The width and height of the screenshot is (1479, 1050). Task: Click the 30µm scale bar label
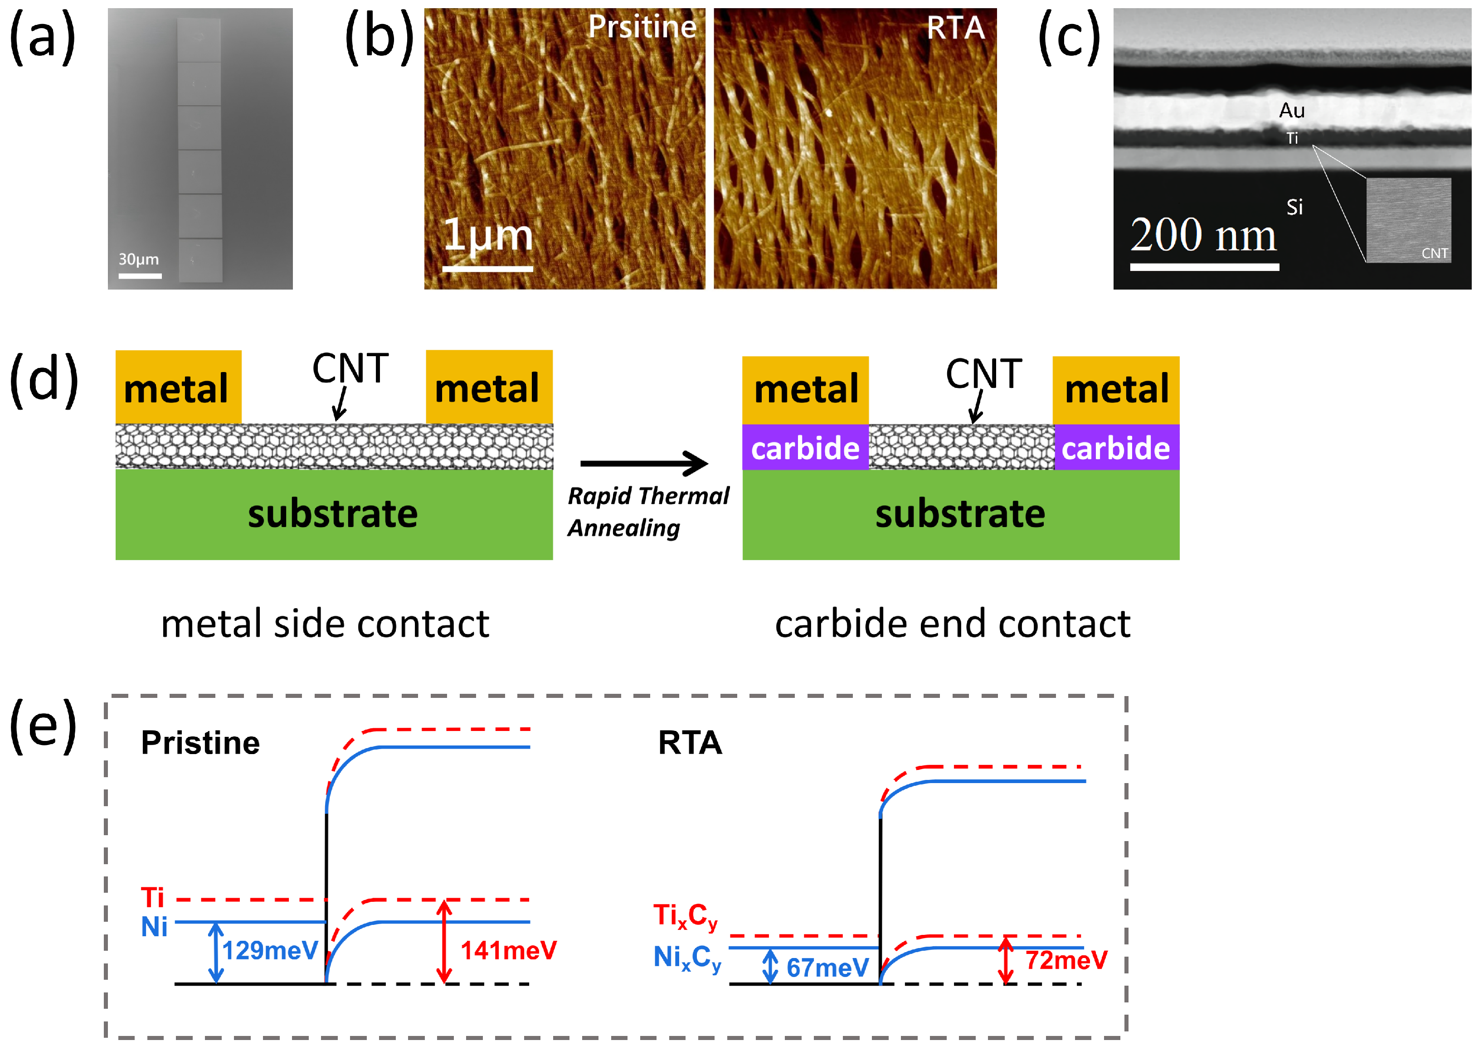pyautogui.click(x=138, y=259)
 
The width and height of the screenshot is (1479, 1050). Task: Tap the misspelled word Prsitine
pyautogui.click(x=642, y=27)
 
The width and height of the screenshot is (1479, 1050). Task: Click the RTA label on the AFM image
pyautogui.click(x=955, y=28)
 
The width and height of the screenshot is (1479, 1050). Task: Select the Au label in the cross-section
pyautogui.click(x=1291, y=111)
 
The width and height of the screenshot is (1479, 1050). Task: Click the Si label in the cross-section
pyautogui.click(x=1294, y=208)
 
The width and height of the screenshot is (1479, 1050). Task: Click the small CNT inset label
pyautogui.click(x=1435, y=253)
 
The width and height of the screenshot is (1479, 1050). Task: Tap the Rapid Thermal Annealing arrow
pyautogui.click(x=644, y=463)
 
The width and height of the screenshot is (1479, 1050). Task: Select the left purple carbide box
pyautogui.click(x=805, y=447)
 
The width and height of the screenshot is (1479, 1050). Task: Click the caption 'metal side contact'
pyautogui.click(x=325, y=624)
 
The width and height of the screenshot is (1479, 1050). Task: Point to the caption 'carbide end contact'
pyautogui.click(x=953, y=624)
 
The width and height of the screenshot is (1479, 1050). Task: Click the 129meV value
pyautogui.click(x=270, y=950)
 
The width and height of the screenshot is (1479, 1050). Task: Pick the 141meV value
pyautogui.click(x=508, y=950)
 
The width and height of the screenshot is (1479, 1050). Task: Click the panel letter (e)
pyautogui.click(x=44, y=726)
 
